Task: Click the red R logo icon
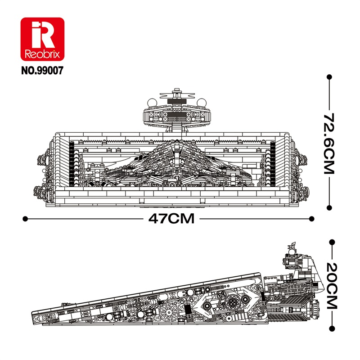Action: [43, 36]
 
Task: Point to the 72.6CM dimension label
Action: [330, 143]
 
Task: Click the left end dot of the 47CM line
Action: [25, 219]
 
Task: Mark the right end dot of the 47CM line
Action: [313, 219]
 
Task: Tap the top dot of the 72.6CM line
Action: [330, 77]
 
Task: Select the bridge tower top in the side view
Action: [292, 247]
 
